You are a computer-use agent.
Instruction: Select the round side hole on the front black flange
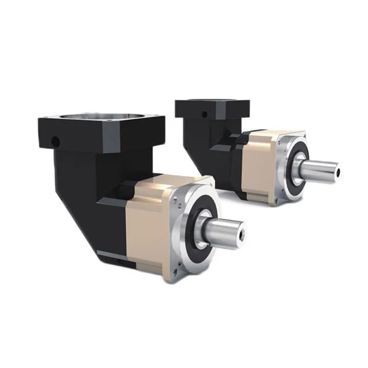coord(56,142)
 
